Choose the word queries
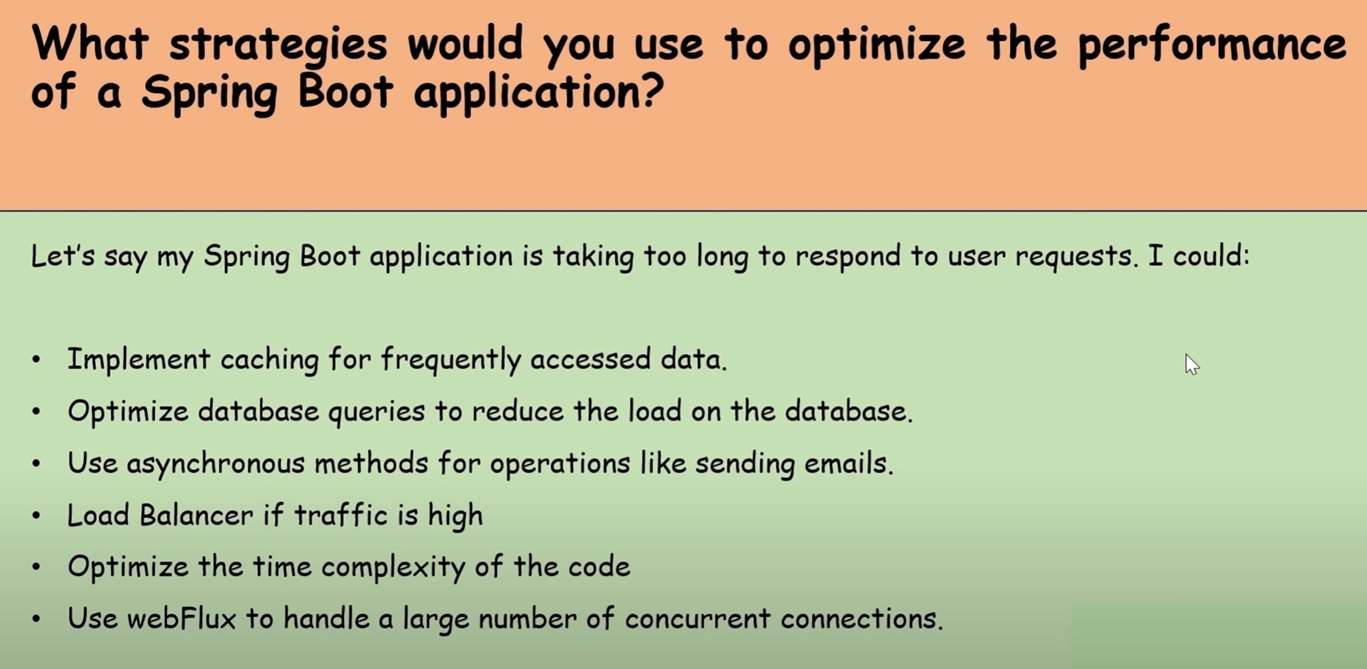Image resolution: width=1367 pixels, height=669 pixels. coord(377,412)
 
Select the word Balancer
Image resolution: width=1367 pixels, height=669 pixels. coord(196,515)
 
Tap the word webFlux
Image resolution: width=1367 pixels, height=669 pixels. coord(181,618)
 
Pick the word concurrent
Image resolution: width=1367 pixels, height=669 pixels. coord(697,620)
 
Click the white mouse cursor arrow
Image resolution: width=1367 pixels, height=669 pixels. coord(1191,364)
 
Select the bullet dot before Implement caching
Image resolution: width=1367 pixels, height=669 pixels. coord(36,360)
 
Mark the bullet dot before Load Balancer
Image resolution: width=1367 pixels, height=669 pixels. coord(36,516)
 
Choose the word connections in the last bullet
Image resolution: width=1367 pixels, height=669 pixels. coord(862,620)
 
